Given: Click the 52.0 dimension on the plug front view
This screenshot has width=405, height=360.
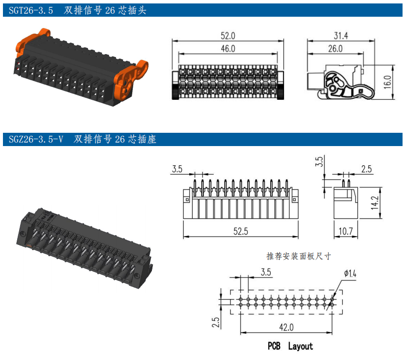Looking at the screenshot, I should click(228, 36).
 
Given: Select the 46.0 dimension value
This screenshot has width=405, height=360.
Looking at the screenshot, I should click(228, 49).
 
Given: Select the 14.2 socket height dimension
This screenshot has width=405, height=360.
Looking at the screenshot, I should click(376, 202).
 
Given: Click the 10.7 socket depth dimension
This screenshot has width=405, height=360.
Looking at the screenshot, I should click(345, 231).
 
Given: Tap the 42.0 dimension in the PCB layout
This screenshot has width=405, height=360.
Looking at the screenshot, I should click(286, 327).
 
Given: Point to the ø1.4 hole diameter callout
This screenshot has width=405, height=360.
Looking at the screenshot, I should click(350, 273).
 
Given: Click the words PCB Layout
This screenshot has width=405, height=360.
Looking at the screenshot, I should click(290, 346).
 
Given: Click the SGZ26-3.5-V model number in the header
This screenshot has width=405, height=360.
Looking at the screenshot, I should click(36, 140).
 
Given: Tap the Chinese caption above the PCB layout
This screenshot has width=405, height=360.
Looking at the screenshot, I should click(298, 256).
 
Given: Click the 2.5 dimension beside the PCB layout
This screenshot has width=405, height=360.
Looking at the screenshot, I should click(216, 322).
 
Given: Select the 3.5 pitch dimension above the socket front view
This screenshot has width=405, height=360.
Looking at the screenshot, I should click(177, 169).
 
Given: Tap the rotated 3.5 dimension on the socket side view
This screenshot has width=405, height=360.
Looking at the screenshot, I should click(319, 161).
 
